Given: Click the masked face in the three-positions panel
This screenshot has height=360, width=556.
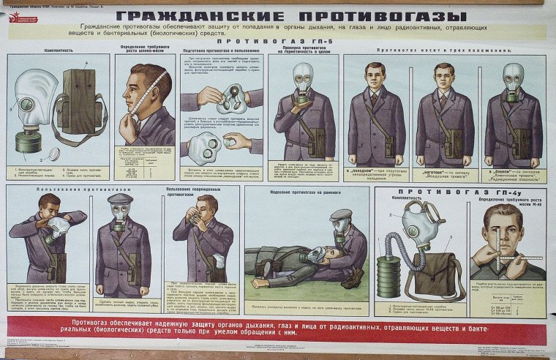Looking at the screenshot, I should click(514, 79).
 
